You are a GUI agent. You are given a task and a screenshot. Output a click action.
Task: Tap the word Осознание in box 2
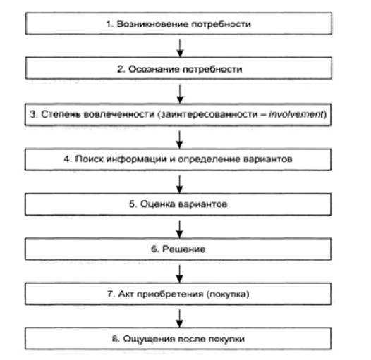pyautogui.click(x=154, y=69)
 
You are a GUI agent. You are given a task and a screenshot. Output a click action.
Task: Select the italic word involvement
pyautogui.click(x=296, y=114)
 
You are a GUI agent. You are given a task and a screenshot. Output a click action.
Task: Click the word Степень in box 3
pyautogui.click(x=61, y=114)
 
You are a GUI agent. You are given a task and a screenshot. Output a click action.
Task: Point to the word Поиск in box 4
pyautogui.click(x=89, y=159)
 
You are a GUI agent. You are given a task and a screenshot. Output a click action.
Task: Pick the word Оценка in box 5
pyautogui.click(x=157, y=204)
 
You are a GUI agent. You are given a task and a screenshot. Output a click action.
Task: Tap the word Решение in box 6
pyautogui.click(x=184, y=249)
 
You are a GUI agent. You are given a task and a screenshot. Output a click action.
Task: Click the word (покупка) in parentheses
pyautogui.click(x=228, y=294)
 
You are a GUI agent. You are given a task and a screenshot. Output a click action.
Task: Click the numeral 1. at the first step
pyautogui.click(x=110, y=24)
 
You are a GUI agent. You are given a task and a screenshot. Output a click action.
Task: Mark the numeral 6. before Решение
pyautogui.click(x=155, y=249)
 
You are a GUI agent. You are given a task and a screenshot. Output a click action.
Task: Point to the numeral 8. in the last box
pyautogui.click(x=116, y=339)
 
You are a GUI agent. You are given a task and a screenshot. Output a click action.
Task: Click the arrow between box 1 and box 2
pyautogui.click(x=181, y=48)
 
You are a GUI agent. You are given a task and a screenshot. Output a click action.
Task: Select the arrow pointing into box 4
pyautogui.click(x=180, y=139)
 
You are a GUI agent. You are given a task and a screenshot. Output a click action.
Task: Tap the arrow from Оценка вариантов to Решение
pyautogui.click(x=180, y=229)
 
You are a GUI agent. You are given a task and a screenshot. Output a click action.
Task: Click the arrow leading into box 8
pyautogui.click(x=180, y=318)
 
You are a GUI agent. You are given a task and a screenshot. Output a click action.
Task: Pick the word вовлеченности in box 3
pyautogui.click(x=119, y=114)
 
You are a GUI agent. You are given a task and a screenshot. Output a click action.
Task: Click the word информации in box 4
pyautogui.click(x=136, y=159)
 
